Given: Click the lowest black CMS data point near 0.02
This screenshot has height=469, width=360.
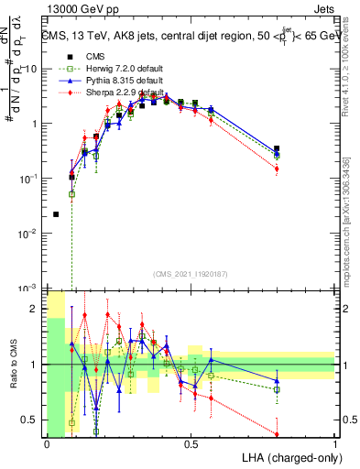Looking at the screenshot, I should (x=57, y=214).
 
